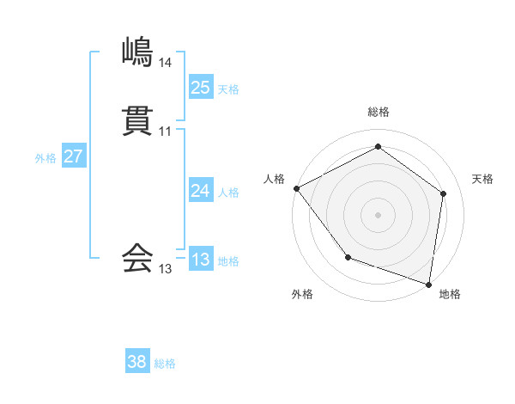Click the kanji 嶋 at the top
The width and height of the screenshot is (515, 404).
click(x=138, y=52)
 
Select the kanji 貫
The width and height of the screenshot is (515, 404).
click(x=138, y=122)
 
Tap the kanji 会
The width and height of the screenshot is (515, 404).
click(x=138, y=258)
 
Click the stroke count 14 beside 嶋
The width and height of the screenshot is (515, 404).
click(x=165, y=63)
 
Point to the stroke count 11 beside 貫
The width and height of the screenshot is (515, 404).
click(x=165, y=132)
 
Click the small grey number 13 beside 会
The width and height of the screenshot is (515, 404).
click(x=165, y=269)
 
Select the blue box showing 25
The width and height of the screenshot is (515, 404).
click(x=200, y=87)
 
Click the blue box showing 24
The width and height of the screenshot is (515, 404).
click(x=200, y=191)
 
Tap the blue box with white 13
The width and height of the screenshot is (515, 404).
click(x=200, y=260)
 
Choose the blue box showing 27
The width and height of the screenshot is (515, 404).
click(x=73, y=156)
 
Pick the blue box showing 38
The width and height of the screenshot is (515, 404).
click(x=137, y=362)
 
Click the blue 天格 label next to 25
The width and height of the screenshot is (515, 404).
click(x=228, y=89)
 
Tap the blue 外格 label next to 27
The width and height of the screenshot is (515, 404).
click(x=45, y=158)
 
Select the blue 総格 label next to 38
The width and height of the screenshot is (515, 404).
click(x=165, y=364)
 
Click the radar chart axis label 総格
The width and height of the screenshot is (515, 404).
click(x=379, y=112)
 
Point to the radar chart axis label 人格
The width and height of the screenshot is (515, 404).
click(x=274, y=179)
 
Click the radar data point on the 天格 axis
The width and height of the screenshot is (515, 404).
click(x=443, y=193)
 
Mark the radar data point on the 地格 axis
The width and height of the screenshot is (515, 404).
click(x=428, y=284)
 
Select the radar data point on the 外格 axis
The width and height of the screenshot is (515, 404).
click(x=348, y=257)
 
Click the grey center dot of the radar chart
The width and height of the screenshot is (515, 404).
click(x=379, y=214)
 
